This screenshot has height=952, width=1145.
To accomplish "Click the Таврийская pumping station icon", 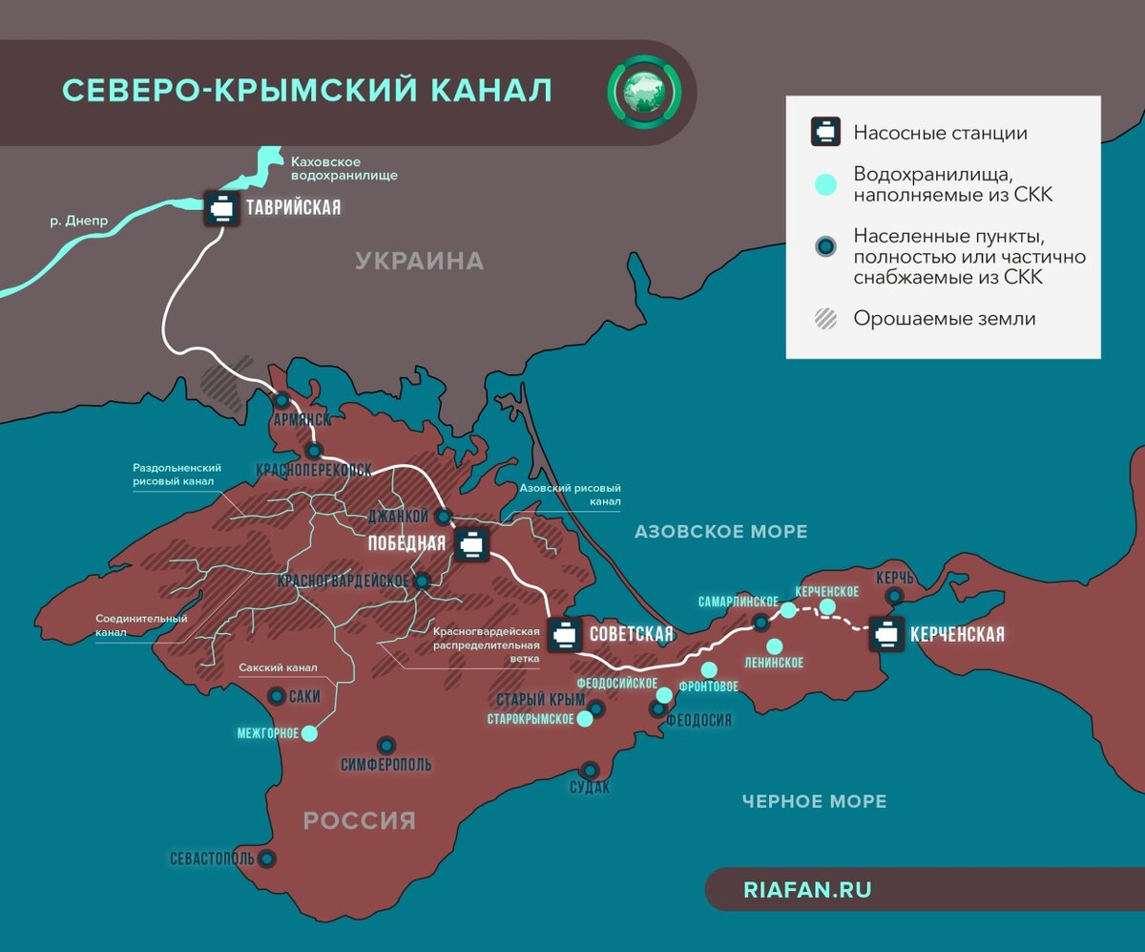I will pos(222,208).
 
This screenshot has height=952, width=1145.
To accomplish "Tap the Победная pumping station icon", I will pos(471,543).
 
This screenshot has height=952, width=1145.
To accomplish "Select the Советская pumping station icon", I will pos(565,634).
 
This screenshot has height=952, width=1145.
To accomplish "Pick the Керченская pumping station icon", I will pos(886,634).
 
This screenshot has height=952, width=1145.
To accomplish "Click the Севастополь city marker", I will pos(267,858).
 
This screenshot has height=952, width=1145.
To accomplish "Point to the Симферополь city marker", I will pos(386,745).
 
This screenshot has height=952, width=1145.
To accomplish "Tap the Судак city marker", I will pos(590,770).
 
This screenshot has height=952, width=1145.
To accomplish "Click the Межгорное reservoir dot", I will pos(308,734).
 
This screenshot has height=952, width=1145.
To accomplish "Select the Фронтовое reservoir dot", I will pos(709,669).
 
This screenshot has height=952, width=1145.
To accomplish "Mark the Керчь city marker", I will pos(895,596).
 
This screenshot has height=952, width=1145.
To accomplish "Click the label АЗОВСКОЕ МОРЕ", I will pos(720,532).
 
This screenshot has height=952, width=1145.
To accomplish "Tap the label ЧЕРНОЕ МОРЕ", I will pos(814,801).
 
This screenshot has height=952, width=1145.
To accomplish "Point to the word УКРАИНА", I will pos(419,261).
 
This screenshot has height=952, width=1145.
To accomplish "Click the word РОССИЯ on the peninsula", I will pos(360,820).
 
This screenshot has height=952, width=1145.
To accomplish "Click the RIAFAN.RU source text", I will pos(806,890).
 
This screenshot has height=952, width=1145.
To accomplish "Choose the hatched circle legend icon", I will pos(825,319).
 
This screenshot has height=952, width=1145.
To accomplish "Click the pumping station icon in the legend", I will pos(825,133).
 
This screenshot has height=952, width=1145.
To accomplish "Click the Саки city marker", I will pos(277,696).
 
